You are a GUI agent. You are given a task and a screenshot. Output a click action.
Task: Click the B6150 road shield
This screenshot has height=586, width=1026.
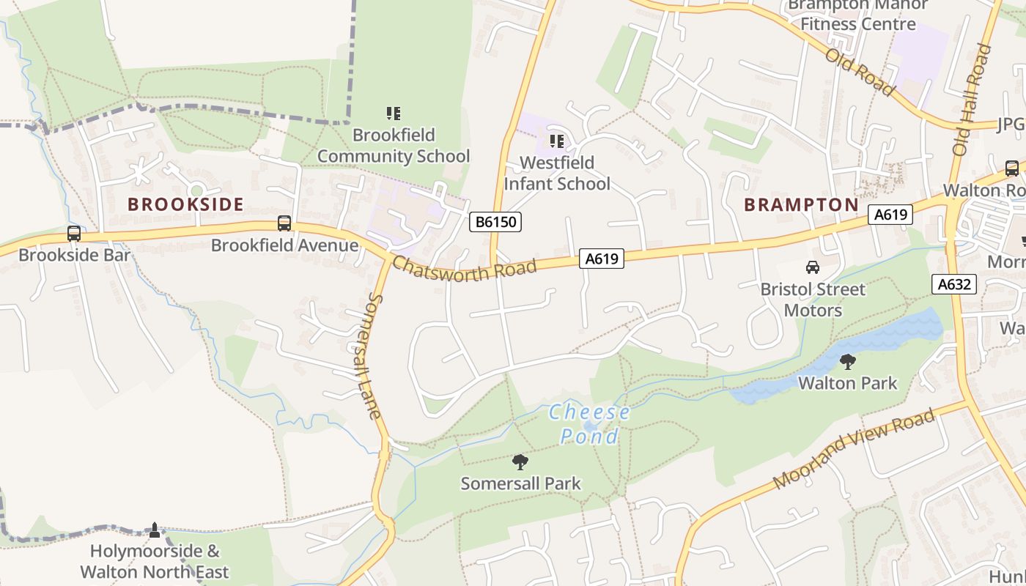(495, 222)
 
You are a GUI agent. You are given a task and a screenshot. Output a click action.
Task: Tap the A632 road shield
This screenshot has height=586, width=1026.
(954, 284)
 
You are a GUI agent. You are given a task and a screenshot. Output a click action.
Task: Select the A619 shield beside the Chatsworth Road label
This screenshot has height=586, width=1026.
(602, 258)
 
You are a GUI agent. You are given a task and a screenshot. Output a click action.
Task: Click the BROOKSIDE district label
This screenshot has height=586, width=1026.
(185, 204)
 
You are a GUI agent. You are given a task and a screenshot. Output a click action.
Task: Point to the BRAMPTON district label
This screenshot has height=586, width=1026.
(801, 204)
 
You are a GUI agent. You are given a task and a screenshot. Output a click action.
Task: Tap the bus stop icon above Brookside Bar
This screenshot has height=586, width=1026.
(74, 234)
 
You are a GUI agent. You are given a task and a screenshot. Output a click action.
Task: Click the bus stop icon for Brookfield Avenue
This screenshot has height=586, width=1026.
(284, 223)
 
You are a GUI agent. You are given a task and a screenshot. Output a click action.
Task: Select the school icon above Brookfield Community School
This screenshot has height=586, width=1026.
(394, 114)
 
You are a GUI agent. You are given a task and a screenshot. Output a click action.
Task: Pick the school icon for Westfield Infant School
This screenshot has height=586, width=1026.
(557, 141)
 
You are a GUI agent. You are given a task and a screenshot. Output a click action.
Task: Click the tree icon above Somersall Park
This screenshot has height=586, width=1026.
(520, 461)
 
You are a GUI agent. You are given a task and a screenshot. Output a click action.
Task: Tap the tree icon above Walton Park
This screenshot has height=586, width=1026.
(847, 361)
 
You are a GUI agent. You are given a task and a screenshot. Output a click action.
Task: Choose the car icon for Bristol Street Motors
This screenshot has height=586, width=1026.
(812, 267)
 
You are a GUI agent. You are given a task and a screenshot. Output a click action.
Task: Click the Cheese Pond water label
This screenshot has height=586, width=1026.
(589, 423)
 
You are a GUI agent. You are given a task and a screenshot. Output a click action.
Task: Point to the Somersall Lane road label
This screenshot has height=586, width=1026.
(374, 357)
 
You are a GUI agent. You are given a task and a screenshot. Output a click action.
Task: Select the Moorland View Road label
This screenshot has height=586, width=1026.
(854, 449)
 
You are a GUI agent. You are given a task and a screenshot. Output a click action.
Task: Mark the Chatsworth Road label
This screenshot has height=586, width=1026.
(465, 270)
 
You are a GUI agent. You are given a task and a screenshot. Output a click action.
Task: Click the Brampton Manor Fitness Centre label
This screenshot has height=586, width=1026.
(857, 15)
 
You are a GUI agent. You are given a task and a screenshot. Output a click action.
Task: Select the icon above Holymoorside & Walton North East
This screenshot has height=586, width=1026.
(154, 529)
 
